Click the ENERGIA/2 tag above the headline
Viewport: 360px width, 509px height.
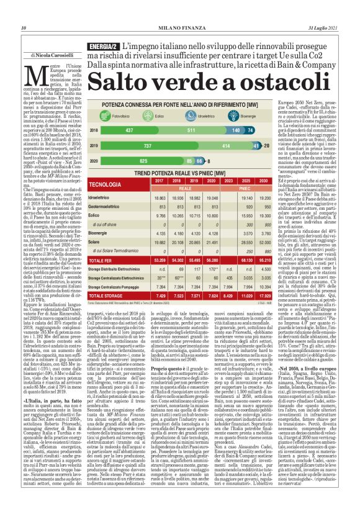coord(103,46)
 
